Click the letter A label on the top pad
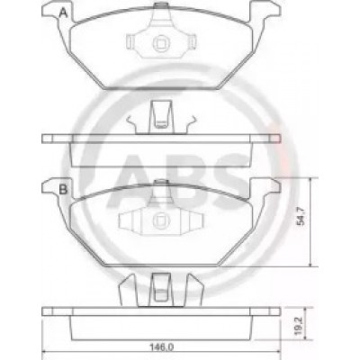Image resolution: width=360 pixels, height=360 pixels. coord(63,13)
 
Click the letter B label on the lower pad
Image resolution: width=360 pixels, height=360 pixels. coord(63,189)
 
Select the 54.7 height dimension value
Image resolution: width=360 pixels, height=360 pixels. coord(301,215)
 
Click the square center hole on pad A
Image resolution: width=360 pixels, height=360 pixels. coord(161,43)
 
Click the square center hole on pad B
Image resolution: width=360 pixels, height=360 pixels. coord(161,220)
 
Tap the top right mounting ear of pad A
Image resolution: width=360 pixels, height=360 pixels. coord(265,12)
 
